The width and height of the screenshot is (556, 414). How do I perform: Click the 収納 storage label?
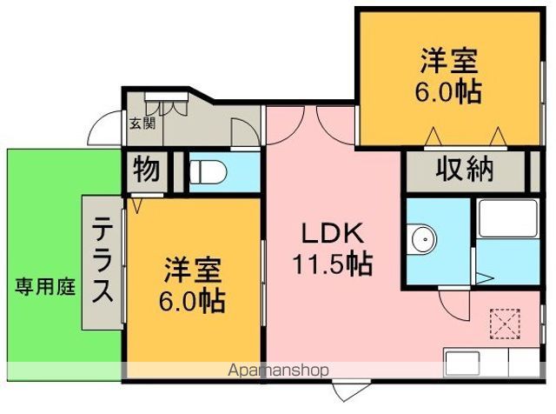click(x=465, y=169)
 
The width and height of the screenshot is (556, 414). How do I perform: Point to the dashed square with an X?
click(x=503, y=322)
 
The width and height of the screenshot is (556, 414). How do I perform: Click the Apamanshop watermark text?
click(x=278, y=371)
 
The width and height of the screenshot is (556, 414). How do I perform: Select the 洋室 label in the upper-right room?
click(x=450, y=63)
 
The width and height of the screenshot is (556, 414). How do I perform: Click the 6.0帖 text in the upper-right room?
click(x=450, y=92)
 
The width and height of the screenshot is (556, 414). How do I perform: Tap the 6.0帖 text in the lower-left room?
click(x=193, y=301)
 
